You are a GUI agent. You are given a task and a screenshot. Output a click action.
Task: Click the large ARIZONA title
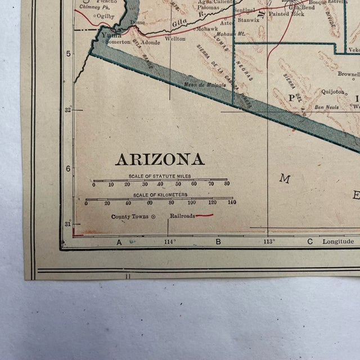point(160,159)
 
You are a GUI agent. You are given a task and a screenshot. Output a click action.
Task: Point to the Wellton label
point(175,39)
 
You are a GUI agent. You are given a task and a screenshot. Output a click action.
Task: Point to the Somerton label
point(118,42)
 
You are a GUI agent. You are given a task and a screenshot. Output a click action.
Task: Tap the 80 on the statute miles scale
point(227,184)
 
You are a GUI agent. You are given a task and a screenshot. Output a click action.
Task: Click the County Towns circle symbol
point(154,216)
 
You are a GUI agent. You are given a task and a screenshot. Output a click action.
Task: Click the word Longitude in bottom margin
point(337,241)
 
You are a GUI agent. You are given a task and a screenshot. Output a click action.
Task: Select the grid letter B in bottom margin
point(218,242)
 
